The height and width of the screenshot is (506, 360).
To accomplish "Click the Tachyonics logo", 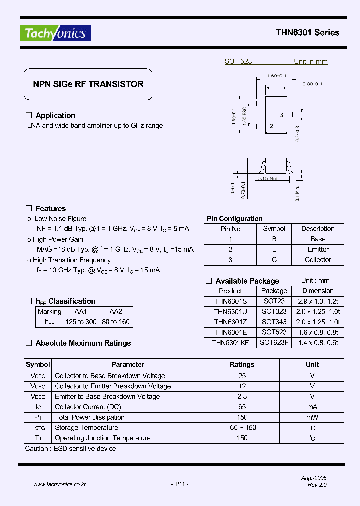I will coord(56,33).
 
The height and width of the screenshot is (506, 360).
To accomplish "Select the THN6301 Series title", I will coord(307,33).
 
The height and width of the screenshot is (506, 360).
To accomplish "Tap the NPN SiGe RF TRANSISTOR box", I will coord(88,85).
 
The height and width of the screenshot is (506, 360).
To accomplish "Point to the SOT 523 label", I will coord(238,61).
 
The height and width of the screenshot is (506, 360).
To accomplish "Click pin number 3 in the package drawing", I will coord(281,115).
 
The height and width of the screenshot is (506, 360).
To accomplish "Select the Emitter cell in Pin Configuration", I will coord(318,249).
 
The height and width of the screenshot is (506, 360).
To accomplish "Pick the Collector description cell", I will coord(318,260).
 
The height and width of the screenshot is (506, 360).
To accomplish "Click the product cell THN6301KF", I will coord(230,343).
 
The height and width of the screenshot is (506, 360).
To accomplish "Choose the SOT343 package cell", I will coord(274,322).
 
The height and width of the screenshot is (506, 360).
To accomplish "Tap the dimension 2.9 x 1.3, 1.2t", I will coord(318,301).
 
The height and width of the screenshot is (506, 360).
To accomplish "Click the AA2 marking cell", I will coord(115,311).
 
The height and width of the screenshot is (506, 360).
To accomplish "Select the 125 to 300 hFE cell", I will coord(81,322).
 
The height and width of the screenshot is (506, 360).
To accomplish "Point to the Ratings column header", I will coord(242,365).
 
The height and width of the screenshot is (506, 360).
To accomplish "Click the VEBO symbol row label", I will coord(38,396).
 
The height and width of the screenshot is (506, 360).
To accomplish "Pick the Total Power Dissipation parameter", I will coord(90,417).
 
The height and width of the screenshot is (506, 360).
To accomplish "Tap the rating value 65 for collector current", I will coord(242,407).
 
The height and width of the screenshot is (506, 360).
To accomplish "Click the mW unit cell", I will coord(312,417).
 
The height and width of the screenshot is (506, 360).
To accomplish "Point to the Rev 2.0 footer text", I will coord(317,485).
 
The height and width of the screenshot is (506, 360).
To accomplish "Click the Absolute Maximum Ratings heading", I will coord(83,343).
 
